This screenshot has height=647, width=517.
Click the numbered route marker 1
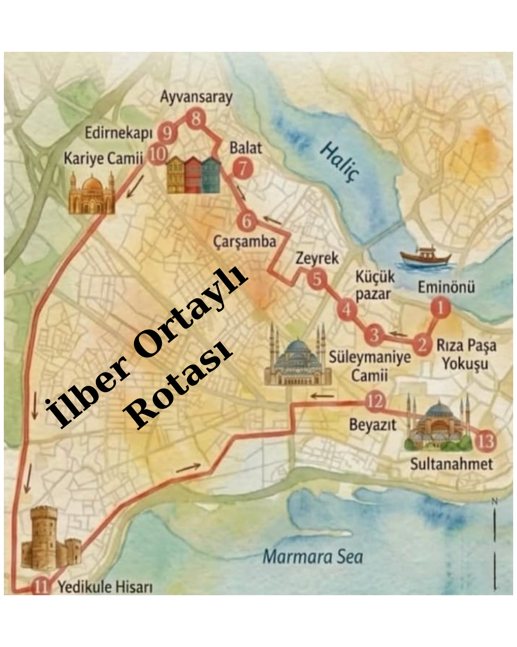click(x=440, y=308)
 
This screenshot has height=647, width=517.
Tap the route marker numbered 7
click(x=243, y=169)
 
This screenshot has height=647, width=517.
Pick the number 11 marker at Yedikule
click(x=41, y=586)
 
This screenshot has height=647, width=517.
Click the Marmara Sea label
click(x=313, y=556)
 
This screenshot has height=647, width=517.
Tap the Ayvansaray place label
click(x=196, y=97)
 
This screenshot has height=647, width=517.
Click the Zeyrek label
click(x=317, y=258)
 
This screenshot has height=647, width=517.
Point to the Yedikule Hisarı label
click(x=105, y=587)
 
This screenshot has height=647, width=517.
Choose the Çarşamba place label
click(x=245, y=242)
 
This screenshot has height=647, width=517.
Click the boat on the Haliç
click(x=424, y=257)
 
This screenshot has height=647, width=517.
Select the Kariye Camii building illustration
click(x=91, y=194)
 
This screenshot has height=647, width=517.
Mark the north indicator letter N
click(x=495, y=501)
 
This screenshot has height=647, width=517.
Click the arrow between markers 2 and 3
click(x=398, y=334)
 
